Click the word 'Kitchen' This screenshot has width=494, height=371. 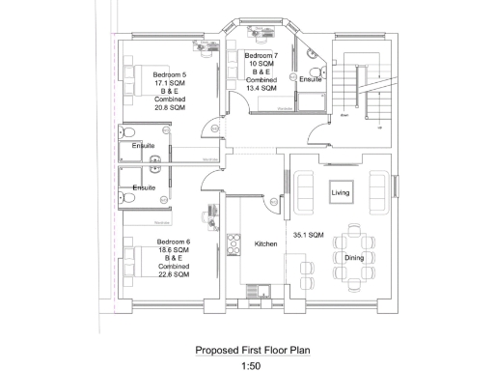pyautogui.click(x=266, y=244)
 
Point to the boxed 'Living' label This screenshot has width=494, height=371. pyautogui.click(x=341, y=193)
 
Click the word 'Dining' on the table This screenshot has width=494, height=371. pyautogui.click(x=354, y=257)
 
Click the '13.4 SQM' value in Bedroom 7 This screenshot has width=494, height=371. pyautogui.click(x=261, y=88)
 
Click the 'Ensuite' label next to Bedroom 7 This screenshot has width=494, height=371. pyautogui.click(x=310, y=79)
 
